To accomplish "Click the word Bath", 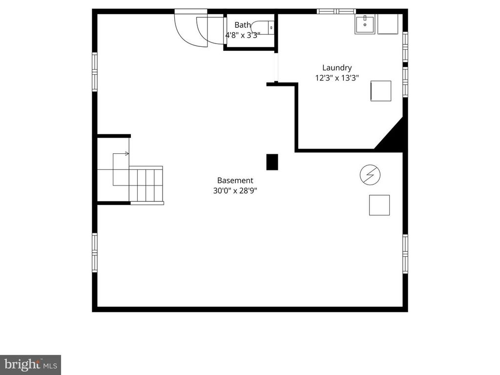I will (x=242, y=25).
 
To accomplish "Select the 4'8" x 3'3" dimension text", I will (x=242, y=35).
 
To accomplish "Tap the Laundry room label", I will (x=336, y=68).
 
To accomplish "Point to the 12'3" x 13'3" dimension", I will (x=336, y=78).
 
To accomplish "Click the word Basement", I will (x=235, y=180).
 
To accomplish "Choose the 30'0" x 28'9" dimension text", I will (x=235, y=191).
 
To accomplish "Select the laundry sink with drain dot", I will (x=365, y=24).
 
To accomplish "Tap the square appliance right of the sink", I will (x=388, y=24).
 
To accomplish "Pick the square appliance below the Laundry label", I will (x=381, y=91).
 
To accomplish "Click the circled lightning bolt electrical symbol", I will (x=370, y=174).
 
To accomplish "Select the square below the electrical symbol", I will (x=379, y=205).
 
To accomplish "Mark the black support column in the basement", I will (x=272, y=162).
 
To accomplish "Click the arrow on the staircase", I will (x=126, y=153).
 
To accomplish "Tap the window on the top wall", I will (x=336, y=11).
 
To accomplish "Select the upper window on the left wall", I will (x=95, y=71).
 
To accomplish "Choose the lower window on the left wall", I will (x=95, y=251).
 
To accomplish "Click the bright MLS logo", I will (x=30, y=364).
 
